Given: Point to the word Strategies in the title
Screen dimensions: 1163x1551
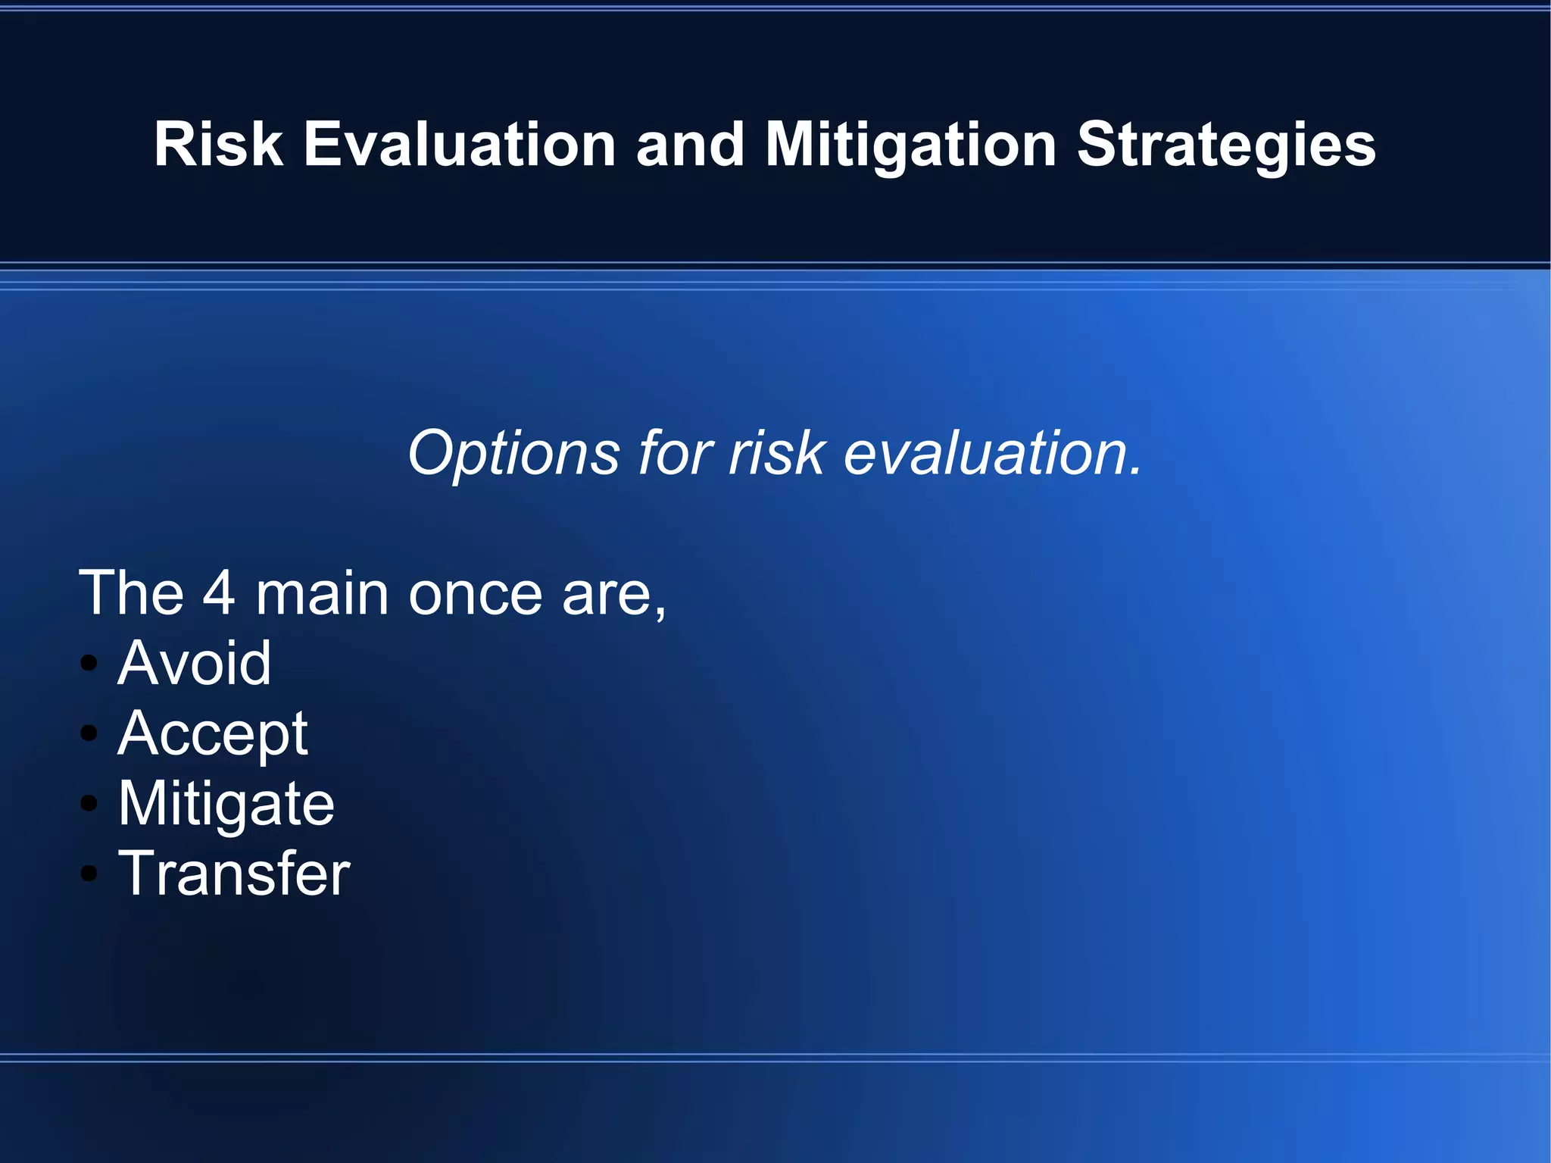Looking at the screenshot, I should click(x=1225, y=145).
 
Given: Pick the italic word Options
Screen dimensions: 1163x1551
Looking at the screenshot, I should click(x=513, y=453).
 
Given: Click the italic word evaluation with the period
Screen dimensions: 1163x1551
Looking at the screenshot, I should click(x=992, y=453).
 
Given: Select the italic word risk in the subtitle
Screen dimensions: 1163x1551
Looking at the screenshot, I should click(x=776, y=453).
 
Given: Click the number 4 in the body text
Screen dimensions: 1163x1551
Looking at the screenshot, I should click(x=219, y=593).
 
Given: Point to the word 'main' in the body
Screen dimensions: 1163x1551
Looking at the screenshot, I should click(x=322, y=593).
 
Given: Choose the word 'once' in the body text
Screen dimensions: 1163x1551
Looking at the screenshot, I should click(x=475, y=595).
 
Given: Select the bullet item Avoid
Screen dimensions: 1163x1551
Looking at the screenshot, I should click(x=194, y=663).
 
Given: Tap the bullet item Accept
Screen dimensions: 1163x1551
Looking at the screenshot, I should click(x=213, y=733).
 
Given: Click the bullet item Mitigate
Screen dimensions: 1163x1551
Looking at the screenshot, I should click(x=226, y=804).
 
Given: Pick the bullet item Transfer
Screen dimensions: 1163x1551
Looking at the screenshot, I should click(x=234, y=874).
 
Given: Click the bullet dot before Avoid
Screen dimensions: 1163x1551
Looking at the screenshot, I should click(x=89, y=664).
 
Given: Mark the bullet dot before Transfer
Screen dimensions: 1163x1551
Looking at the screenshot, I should click(x=89, y=874).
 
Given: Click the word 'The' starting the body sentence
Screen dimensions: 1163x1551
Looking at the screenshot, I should click(x=131, y=593).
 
